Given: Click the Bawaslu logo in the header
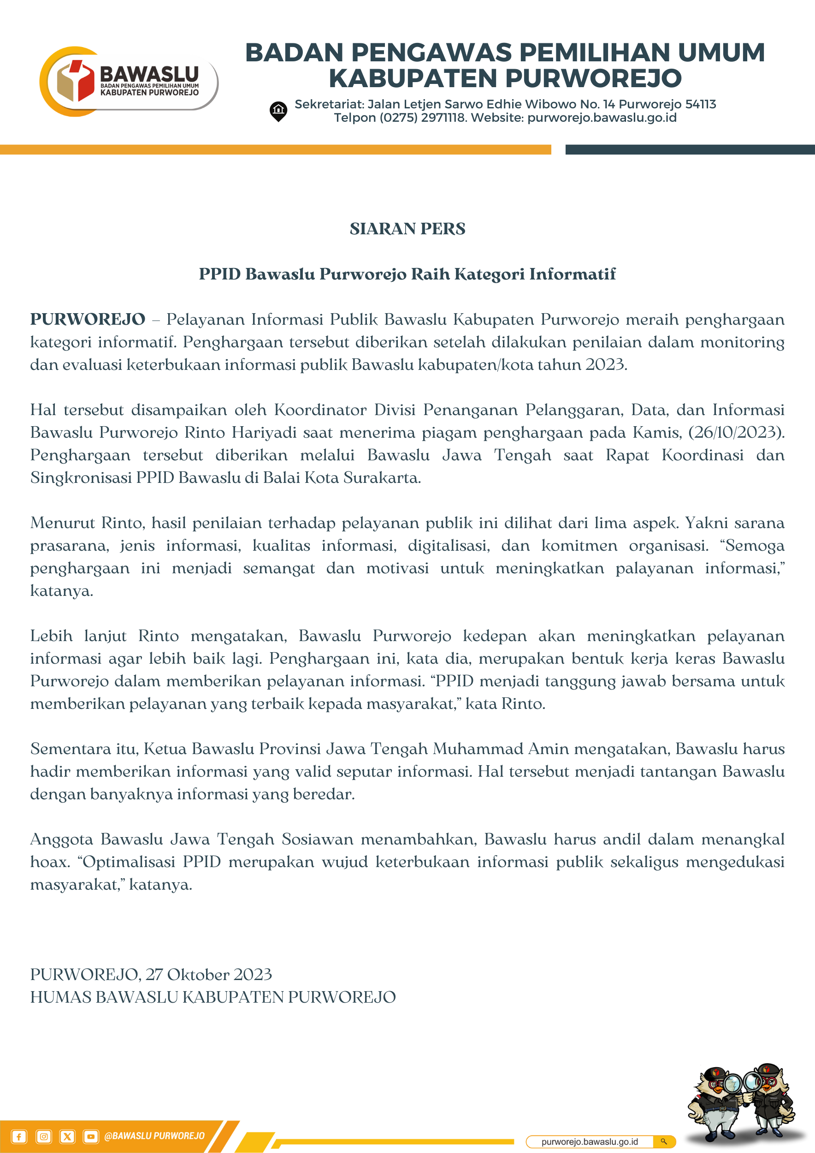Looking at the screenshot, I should pos(128,81).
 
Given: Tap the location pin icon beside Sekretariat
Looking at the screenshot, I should pos(278,111).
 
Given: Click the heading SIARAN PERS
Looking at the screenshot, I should pos(407,229).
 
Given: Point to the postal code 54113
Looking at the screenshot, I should pos(701,104).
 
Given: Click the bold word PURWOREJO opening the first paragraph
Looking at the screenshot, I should pos(88,320).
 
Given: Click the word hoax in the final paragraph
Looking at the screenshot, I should pos(49,862).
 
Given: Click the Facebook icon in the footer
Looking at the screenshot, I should pos(18,1136).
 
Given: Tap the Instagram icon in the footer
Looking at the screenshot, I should pos(44,1136).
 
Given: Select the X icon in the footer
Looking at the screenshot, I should pos(67,1136).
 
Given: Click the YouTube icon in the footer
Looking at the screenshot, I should pos(91,1136).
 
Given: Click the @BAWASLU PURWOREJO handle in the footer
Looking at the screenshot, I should pos(154,1136).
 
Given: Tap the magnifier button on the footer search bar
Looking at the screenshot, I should pos(663,1141).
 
